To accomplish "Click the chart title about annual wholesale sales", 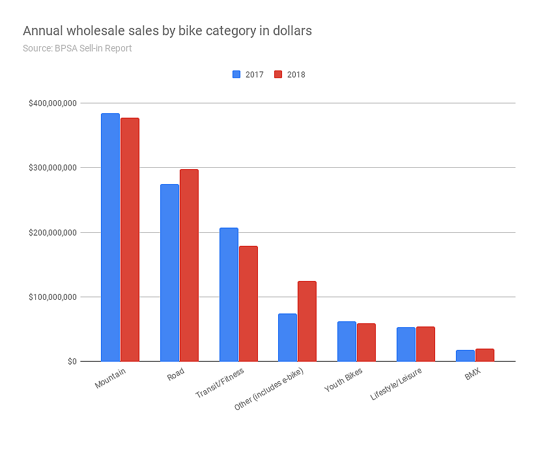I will click(167, 31).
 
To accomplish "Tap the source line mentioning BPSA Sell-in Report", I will click(77, 48).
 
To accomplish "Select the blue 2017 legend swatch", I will click(236, 74).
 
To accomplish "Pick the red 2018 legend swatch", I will click(278, 74).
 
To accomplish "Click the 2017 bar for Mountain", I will click(110, 237).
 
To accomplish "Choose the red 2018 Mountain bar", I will click(130, 239).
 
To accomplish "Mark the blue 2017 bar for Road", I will click(169, 273).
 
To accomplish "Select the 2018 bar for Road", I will click(189, 265).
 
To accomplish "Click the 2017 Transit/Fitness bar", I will click(229, 295).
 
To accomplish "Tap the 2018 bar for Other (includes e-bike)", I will click(307, 321).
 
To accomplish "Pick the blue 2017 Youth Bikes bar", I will click(347, 341).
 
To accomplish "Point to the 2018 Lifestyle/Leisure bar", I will click(425, 344).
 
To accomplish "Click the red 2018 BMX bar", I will click(485, 355).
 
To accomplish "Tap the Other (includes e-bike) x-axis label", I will click(268, 389).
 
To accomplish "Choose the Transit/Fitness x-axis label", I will click(219, 384).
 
